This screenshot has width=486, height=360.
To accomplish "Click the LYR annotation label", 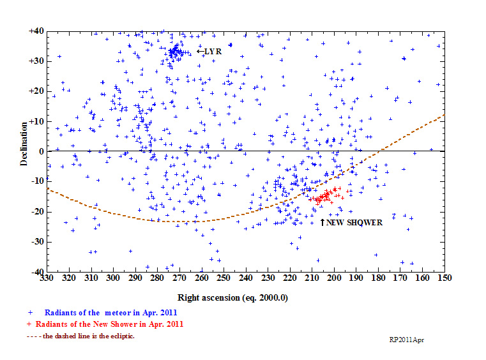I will click(213, 51).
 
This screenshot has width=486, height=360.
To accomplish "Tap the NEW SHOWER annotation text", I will click(354, 223).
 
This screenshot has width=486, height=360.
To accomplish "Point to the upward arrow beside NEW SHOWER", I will click(323, 221).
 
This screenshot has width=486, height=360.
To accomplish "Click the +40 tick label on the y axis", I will click(35, 31).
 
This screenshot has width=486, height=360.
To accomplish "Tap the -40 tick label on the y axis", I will click(36, 272).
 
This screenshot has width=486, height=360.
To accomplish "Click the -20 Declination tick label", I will click(36, 212).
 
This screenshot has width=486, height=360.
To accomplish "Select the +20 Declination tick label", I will click(35, 91).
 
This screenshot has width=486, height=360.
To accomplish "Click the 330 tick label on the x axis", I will click(46, 279).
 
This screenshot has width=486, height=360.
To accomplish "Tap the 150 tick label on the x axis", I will click(443, 279).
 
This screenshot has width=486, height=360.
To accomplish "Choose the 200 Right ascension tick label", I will click(333, 279).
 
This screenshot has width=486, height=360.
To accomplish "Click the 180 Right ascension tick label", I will click(377, 279).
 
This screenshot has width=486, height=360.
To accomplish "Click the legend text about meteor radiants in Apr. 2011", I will click(111, 313).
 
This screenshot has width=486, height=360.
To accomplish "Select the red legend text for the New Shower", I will click(110, 324).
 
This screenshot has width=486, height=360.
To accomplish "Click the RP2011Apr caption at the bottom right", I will click(407, 340).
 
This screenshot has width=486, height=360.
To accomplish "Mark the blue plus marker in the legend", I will click(30, 313).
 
